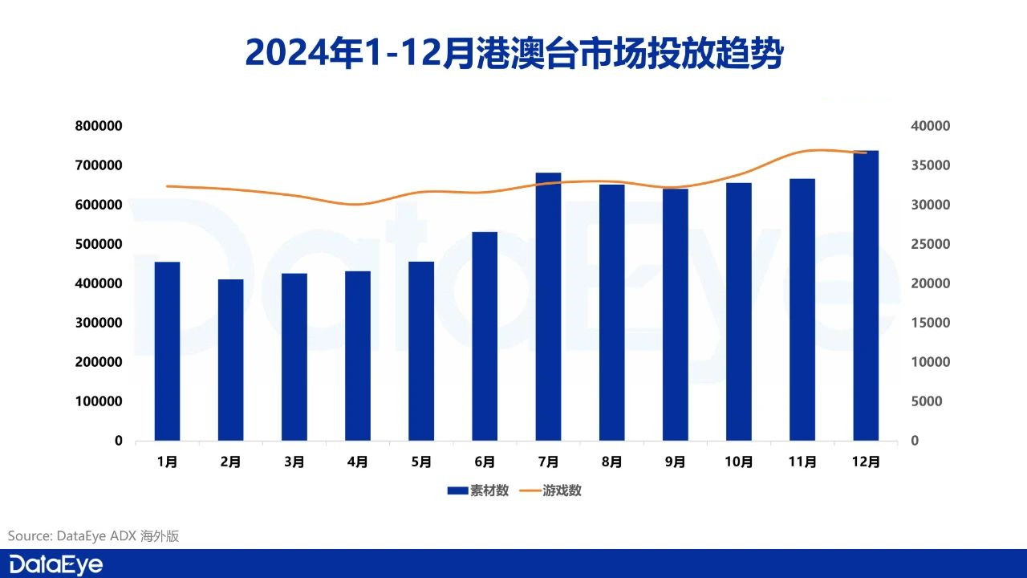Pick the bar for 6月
tap(485, 336)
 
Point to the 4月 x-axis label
tap(358, 462)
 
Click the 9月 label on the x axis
tap(676, 462)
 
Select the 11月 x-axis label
tap(802, 462)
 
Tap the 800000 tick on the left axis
tap(99, 126)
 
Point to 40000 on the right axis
tap(931, 126)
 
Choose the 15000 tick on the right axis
tap(931, 323)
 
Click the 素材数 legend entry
tap(479, 490)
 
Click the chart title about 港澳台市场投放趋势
tap(513, 52)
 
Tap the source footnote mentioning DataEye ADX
tap(94, 535)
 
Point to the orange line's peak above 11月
tap(810, 150)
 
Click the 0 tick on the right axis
tap(915, 441)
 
